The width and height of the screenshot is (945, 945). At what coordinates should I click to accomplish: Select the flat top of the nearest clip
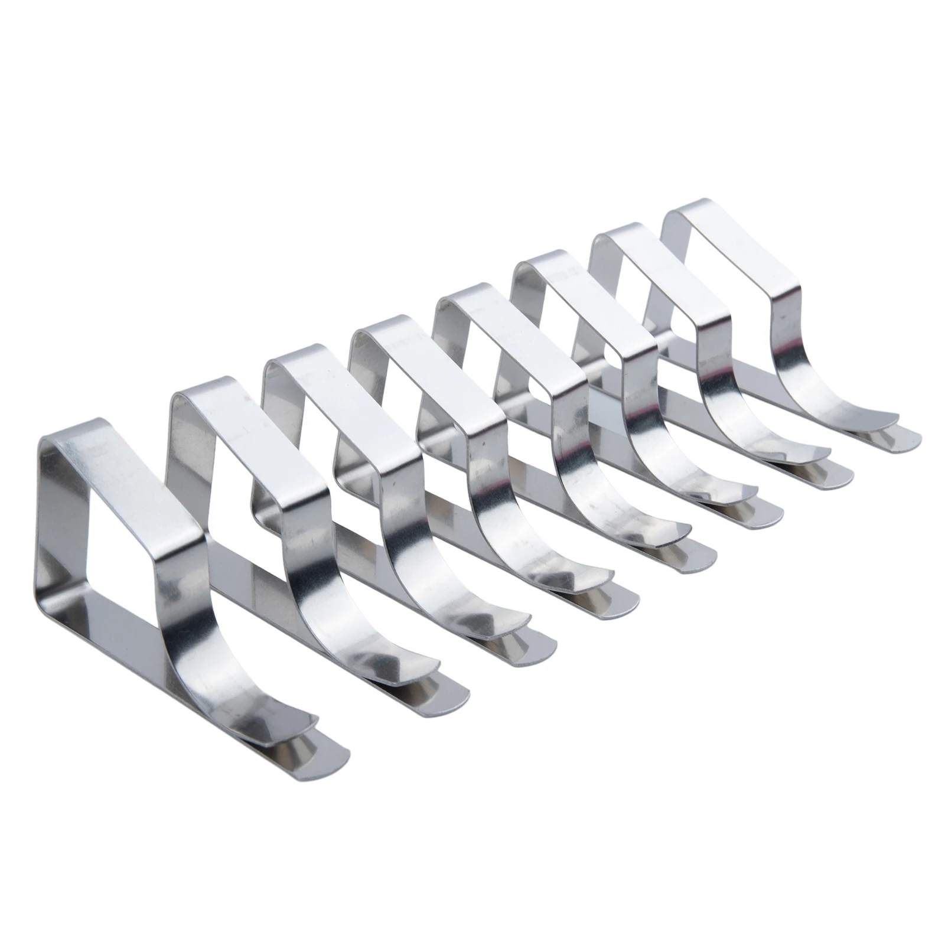pos(124,484)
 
